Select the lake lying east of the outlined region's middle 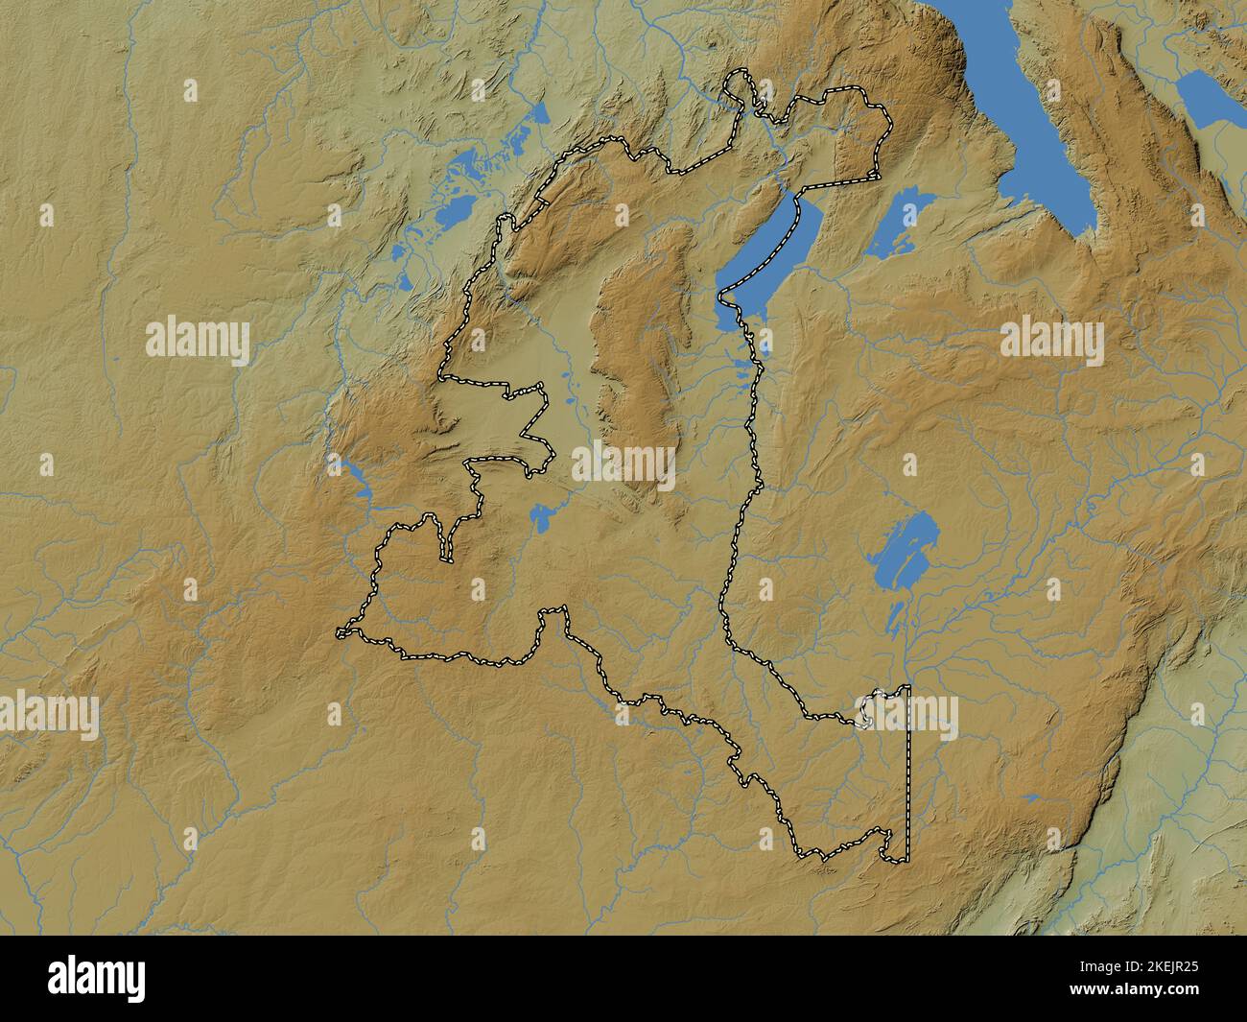tap(902, 547)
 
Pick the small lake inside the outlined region tap(541, 518)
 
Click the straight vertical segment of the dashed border tap(907, 768)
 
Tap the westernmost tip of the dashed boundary tap(340, 633)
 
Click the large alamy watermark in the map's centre tap(624, 463)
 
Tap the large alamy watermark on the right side tap(1051, 341)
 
